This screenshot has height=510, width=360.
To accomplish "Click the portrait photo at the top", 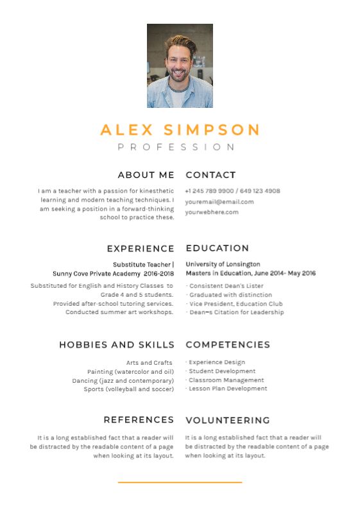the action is tap(180, 66).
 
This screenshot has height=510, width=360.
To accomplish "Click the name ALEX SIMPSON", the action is tap(180, 130).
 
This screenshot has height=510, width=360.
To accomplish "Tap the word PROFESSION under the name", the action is tap(176, 147).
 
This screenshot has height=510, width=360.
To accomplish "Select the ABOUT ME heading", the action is tap(146, 175).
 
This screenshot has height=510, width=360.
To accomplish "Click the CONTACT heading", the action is tap(210, 175).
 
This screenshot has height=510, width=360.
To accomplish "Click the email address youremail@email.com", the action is tap(219, 202).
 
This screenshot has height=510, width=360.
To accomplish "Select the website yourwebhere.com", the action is tap(212, 212).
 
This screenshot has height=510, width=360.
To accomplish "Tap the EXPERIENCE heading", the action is tap(141, 249).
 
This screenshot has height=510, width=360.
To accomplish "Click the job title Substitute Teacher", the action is tap(142, 264).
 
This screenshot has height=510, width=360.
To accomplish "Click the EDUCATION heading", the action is tap(217, 248).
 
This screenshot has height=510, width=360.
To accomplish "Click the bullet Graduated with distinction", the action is tap(230, 295).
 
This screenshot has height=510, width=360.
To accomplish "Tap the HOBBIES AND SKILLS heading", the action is tap(116, 345).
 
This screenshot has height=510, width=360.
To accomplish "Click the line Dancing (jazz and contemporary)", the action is tap(123, 380).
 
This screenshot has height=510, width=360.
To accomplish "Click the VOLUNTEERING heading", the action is tap(227, 421).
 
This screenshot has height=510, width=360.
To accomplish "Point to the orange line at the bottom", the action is tap(180, 482).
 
